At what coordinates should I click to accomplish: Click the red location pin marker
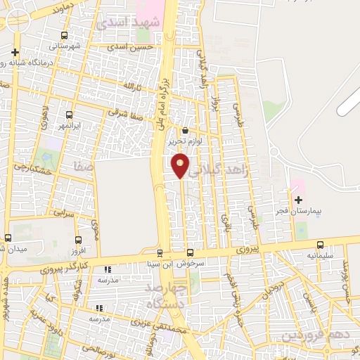180,165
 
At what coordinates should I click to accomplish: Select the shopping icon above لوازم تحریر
185,130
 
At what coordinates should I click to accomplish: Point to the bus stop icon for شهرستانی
65,35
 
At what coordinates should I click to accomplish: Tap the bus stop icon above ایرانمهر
69,115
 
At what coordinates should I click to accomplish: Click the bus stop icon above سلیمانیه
321,245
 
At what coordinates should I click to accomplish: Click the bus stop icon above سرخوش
190,252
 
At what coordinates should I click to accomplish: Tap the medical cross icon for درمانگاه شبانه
15,52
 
